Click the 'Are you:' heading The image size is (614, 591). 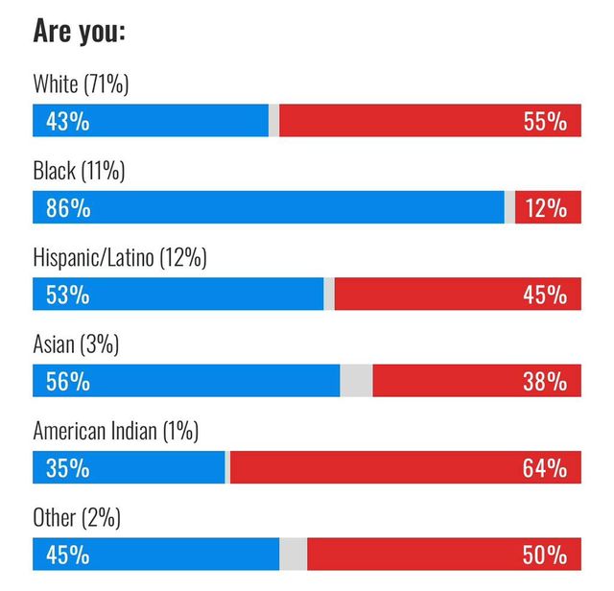coord(79,31)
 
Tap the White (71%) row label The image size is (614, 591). coord(81,84)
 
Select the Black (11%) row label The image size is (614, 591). coord(79,172)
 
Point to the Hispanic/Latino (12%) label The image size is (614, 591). coord(120,258)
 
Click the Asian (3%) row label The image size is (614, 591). coord(76,344)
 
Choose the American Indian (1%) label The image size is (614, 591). coord(115,432)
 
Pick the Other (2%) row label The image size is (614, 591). coord(76,518)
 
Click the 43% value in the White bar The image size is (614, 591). coord(68,122)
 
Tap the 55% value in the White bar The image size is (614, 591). coord(545,122)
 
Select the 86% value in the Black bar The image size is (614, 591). coord(68,208)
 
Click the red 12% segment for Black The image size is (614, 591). coord(547,208)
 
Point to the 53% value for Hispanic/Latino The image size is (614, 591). coord(68,295)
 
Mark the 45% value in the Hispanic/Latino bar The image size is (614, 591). coord(545,295)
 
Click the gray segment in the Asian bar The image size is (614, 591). coord(356,381)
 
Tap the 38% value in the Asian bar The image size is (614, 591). coord(545,381)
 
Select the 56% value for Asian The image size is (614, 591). coord(68,381)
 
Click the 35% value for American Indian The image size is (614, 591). coord(68,468)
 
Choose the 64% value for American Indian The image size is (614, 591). coord(545,468)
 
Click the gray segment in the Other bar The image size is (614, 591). coord(293,555)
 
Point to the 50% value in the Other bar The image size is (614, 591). coord(545,555)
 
